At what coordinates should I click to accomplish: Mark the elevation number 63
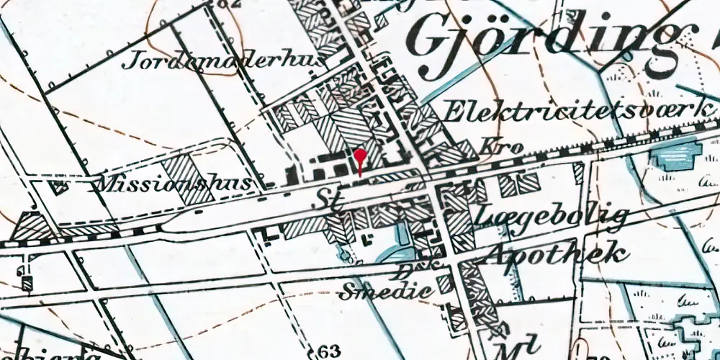[328, 351]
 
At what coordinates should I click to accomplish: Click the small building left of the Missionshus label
[58, 186]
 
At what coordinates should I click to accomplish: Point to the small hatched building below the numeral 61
[27, 284]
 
